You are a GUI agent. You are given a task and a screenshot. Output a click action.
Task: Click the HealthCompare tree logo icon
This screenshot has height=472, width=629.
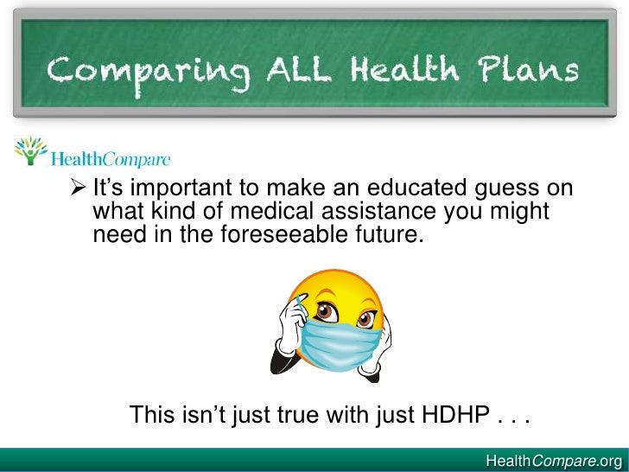click(x=31, y=151)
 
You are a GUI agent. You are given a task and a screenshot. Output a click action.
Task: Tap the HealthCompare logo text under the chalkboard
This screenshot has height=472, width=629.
click(x=111, y=160)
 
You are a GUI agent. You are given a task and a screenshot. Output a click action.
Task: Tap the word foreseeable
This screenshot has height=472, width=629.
click(x=264, y=233)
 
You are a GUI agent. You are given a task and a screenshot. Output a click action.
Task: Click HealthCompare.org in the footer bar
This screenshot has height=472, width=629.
click(x=554, y=460)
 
